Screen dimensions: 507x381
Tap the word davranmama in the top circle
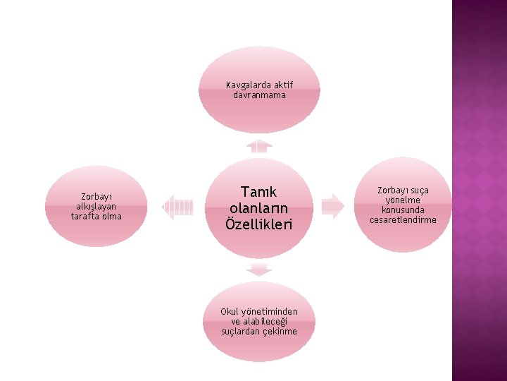260,95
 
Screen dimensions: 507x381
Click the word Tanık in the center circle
259,192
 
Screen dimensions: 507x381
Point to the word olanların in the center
259,208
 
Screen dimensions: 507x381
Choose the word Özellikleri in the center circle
259,224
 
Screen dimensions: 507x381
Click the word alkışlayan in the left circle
97,206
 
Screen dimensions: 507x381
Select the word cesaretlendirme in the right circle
403,219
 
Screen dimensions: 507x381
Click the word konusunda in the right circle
403,210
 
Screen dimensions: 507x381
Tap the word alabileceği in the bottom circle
265,321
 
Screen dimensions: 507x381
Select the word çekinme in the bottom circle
280,331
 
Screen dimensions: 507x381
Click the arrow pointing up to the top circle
259,145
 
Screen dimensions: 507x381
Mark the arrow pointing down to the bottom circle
259,269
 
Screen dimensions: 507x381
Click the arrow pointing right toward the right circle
332,205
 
